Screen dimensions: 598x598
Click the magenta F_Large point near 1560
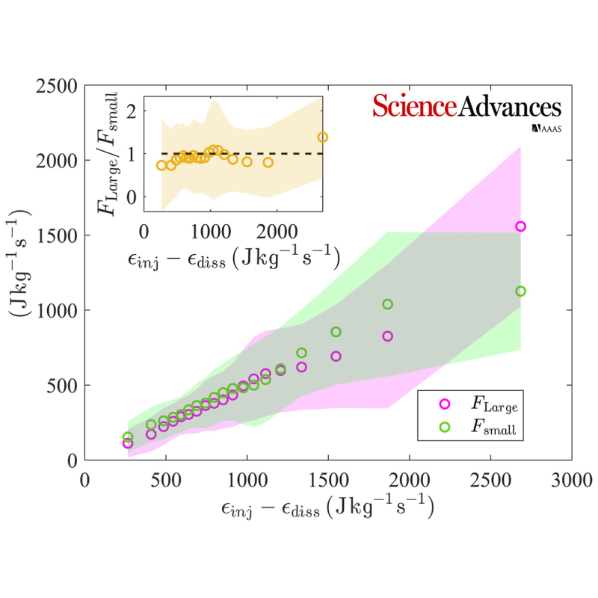click(521, 226)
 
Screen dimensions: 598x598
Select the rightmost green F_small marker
click(521, 291)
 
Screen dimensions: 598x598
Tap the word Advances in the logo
click(509, 106)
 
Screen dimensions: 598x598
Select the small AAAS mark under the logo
click(546, 129)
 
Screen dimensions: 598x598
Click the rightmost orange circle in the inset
click(323, 137)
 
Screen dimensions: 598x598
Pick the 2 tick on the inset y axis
click(132, 111)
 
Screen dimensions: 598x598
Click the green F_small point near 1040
click(388, 304)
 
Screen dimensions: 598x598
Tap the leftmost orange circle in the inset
click(161, 165)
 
